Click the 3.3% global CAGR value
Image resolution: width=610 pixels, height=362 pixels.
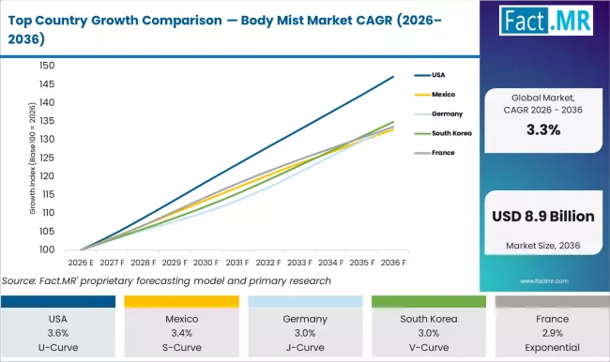pos(543,130)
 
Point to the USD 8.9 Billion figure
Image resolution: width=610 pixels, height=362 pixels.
pos(543,217)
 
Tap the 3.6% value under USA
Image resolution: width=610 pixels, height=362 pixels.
pos(61,332)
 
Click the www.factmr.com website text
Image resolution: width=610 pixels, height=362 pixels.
pos(543,279)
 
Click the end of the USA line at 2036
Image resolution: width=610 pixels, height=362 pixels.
pos(393,77)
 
